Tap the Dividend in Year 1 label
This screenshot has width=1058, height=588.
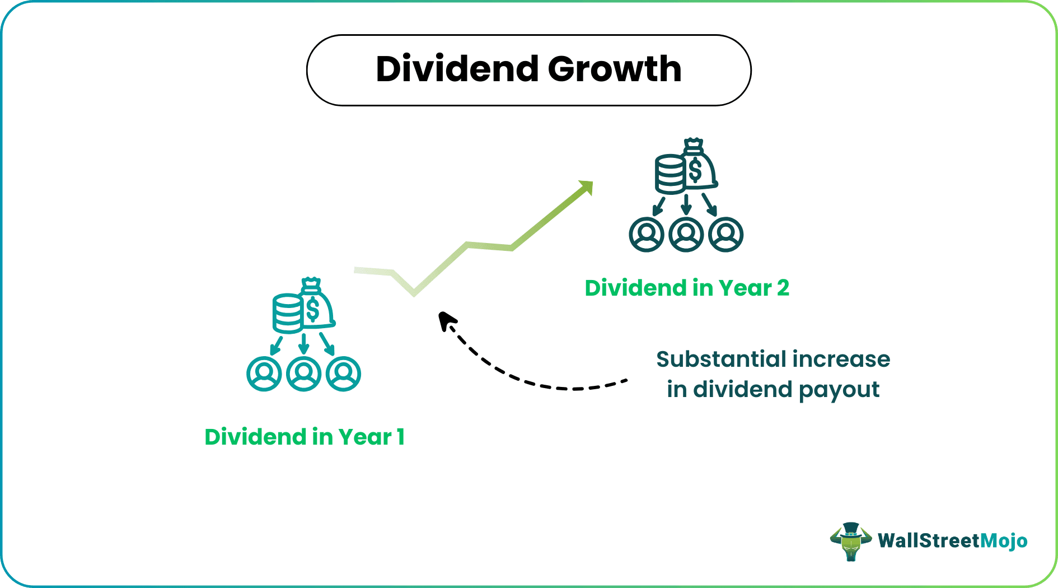[x=304, y=437]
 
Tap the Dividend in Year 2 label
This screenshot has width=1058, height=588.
[x=686, y=288]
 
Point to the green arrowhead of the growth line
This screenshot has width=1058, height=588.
[x=587, y=187]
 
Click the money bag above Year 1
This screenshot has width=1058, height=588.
[x=316, y=305]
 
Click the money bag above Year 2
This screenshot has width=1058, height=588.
[x=698, y=166]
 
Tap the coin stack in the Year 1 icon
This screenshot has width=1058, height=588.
[x=287, y=314]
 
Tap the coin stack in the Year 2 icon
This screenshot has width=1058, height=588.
[x=670, y=175]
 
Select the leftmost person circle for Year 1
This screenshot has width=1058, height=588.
[x=264, y=374]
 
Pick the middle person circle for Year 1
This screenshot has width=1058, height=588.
[x=303, y=374]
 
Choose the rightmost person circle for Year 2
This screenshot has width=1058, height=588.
[x=725, y=234]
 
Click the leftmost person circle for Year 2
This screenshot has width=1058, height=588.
[x=647, y=234]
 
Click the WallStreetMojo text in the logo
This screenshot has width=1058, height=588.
[x=952, y=541]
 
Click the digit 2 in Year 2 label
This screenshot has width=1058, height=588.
[x=783, y=288]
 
